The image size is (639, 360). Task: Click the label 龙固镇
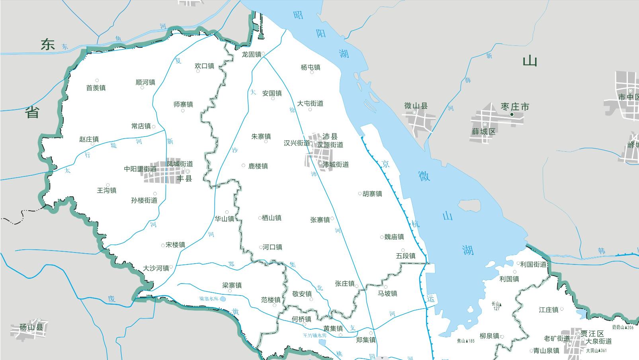(251, 55)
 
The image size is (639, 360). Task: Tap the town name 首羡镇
(96, 88)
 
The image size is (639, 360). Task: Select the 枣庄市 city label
(515, 107)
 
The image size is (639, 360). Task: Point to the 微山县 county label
(416, 106)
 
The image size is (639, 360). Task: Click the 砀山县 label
(31, 327)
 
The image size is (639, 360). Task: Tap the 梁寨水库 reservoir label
(209, 299)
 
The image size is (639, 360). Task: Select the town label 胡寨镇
(372, 194)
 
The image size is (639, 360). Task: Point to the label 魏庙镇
(394, 237)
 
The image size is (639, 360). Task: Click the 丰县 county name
(184, 178)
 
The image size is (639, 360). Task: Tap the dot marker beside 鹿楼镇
(244, 166)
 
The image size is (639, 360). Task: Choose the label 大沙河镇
(156, 268)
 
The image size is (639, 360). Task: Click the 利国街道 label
(533, 264)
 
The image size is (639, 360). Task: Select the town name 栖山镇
(272, 218)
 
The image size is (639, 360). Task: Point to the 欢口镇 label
(205, 66)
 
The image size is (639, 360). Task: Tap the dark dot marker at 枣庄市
(512, 115)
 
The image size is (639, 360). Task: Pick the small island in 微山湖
(470, 205)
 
